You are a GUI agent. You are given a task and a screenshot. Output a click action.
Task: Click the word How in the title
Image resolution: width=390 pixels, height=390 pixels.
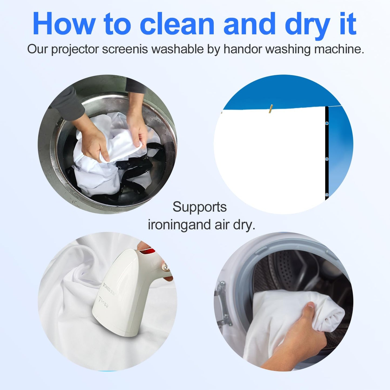pyautogui.click(x=64, y=24)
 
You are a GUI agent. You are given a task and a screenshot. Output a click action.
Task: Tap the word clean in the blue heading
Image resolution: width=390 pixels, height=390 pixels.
pyautogui.click(x=177, y=24)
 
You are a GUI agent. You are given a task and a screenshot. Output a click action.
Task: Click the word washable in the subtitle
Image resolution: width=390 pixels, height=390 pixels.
pyautogui.click(x=177, y=49)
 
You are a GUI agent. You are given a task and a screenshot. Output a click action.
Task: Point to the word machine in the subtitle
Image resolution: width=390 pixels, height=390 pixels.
pyautogui.click(x=338, y=49)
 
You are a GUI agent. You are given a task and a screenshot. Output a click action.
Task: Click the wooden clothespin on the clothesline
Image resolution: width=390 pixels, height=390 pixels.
pyautogui.click(x=271, y=109)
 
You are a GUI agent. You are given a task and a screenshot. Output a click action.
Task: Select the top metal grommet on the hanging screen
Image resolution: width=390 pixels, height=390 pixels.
pyautogui.click(x=327, y=123)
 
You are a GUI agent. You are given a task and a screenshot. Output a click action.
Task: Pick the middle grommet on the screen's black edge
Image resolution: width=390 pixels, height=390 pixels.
pyautogui.click(x=327, y=160)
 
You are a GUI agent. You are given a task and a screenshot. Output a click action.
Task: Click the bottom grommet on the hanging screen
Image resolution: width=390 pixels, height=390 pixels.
pyautogui.click(x=327, y=195)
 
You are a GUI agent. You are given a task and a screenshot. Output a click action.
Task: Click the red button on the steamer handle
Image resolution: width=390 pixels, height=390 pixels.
pyautogui.click(x=150, y=252)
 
